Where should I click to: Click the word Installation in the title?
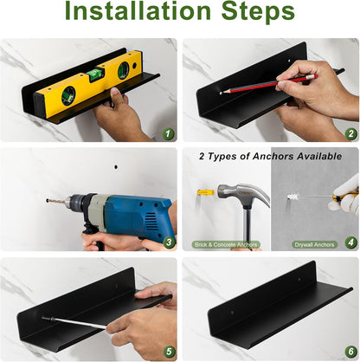point(138,11)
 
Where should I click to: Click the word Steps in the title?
point(258,12)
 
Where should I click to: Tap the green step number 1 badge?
point(169,133)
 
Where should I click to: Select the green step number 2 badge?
point(350,133)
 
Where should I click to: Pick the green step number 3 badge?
point(169,242)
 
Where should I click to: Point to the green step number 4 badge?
point(350,242)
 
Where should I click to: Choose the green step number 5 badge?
point(169,352)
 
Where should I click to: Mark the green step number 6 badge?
point(350,352)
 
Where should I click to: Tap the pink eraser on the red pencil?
point(313,76)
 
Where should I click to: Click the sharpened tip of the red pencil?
point(222,93)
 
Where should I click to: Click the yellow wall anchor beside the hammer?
point(205,192)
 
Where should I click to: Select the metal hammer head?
point(243,194)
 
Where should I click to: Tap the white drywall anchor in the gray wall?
point(294,197)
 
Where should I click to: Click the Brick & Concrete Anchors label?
point(226,245)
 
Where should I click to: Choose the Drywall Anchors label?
point(314,245)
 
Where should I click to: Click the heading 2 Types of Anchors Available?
point(270,156)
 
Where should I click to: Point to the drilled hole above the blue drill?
point(116,167)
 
